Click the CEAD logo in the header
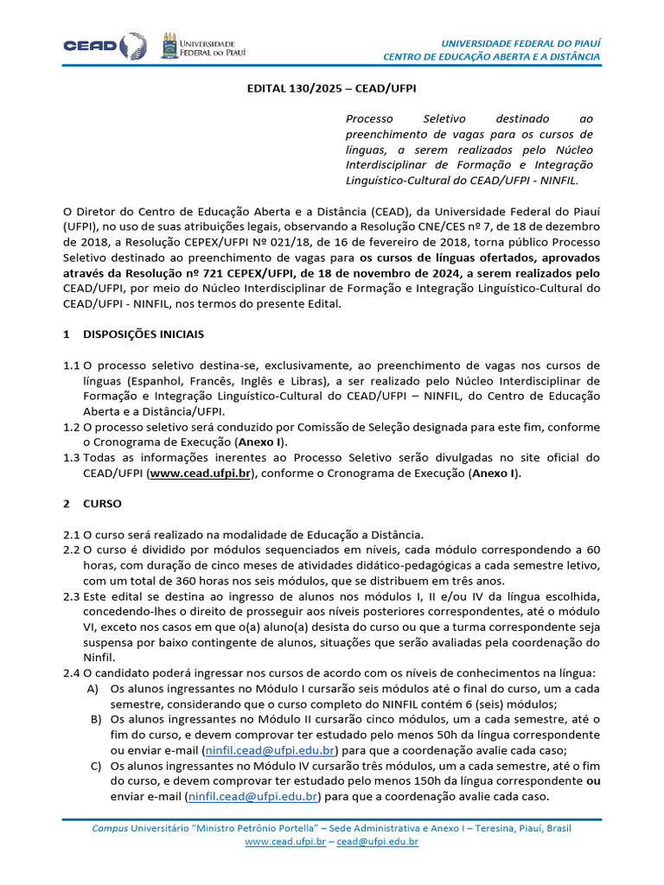[x=99, y=46]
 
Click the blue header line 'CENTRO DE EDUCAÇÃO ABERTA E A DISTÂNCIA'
[x=492, y=57]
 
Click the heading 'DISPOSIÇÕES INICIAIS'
[x=144, y=334]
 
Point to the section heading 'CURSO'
[x=102, y=503]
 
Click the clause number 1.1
[x=71, y=366]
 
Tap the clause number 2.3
[x=71, y=597]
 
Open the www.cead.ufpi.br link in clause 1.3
[x=200, y=474]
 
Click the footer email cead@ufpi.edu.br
[x=378, y=841]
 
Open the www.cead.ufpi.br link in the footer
[x=285, y=841]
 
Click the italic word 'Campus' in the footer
[x=110, y=828]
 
